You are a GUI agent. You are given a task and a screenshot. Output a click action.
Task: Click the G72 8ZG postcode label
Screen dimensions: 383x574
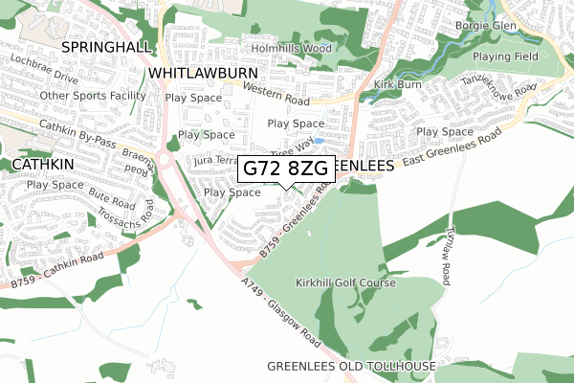[x=286, y=168]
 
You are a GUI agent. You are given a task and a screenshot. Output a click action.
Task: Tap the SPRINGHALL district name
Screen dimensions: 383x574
[x=100, y=46]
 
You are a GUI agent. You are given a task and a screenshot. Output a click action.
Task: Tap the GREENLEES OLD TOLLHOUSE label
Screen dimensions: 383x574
[x=351, y=367]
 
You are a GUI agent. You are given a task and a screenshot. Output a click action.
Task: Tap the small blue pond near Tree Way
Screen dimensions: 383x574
[x=319, y=140]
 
